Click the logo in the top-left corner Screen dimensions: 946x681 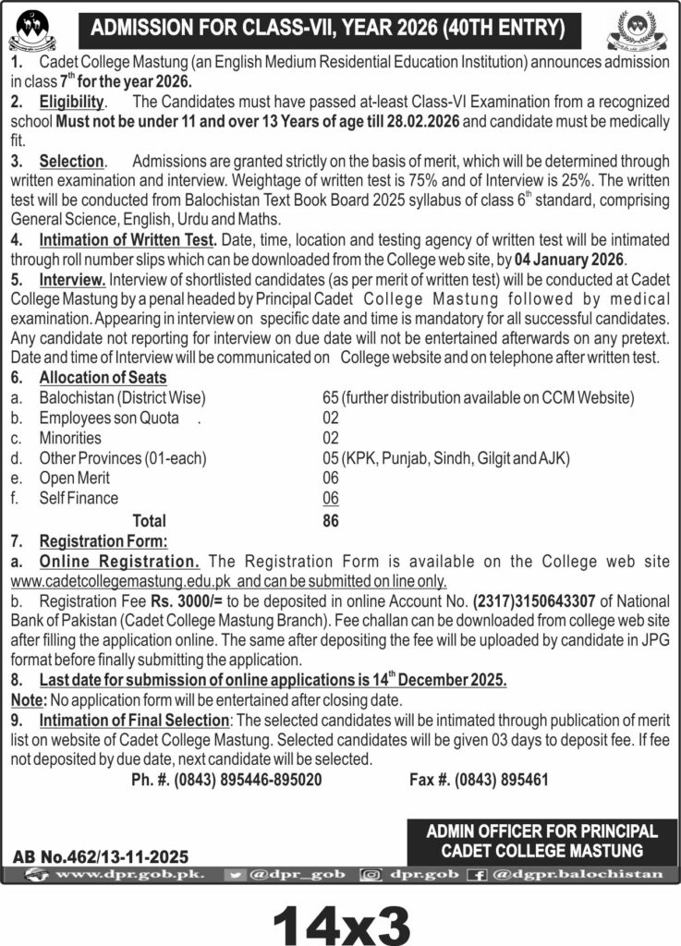pos(31,29)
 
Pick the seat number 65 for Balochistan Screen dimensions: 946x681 pos(330,397)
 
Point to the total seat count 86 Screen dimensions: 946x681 pos(330,520)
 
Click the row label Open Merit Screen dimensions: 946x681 pos(74,478)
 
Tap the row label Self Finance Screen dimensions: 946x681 pos(79,498)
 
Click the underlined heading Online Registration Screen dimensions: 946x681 pos(119,561)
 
